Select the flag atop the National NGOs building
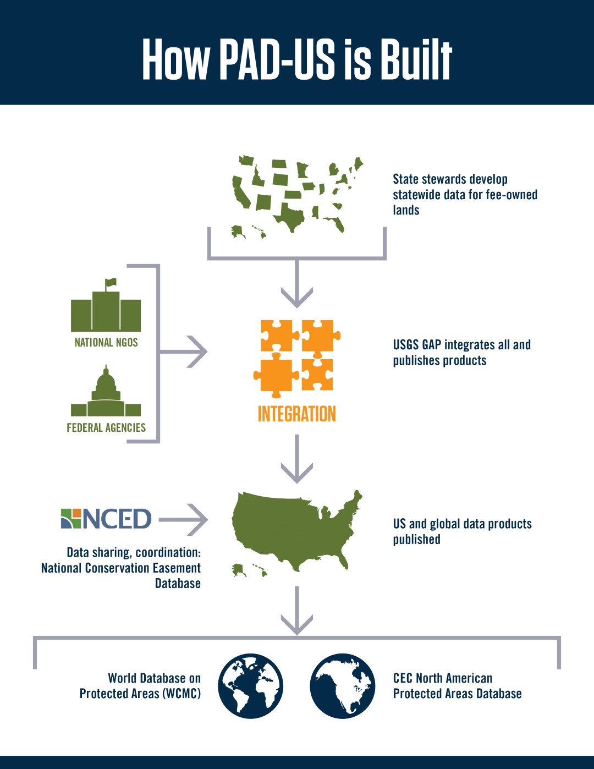click(111, 283)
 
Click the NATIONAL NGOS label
click(106, 342)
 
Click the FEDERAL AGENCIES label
click(106, 427)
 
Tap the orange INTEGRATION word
click(297, 414)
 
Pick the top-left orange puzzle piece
click(279, 335)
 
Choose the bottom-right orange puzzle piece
click(317, 375)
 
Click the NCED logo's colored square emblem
click(71, 519)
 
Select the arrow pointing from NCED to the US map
click(183, 519)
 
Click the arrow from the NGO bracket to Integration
click(184, 351)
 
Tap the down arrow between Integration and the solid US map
click(297, 459)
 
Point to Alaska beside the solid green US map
click(239, 570)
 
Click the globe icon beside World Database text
click(250, 686)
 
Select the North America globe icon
click(343, 686)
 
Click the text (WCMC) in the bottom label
click(182, 694)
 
